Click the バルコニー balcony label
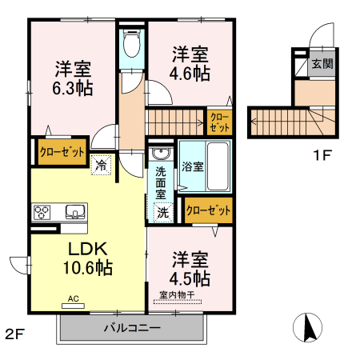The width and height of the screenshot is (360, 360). pos(132,328)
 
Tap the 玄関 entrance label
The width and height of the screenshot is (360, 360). pos(322,65)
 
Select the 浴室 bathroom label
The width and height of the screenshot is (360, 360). pos(192,167)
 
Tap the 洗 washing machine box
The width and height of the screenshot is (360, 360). pos(162,213)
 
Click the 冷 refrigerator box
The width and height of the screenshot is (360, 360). pos(102,166)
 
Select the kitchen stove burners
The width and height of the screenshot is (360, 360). pos(42,212)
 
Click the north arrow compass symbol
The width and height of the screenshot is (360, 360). pos(310,328)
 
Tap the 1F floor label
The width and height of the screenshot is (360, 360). pos(322,156)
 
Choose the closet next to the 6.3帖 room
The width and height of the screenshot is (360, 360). pos(62,152)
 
